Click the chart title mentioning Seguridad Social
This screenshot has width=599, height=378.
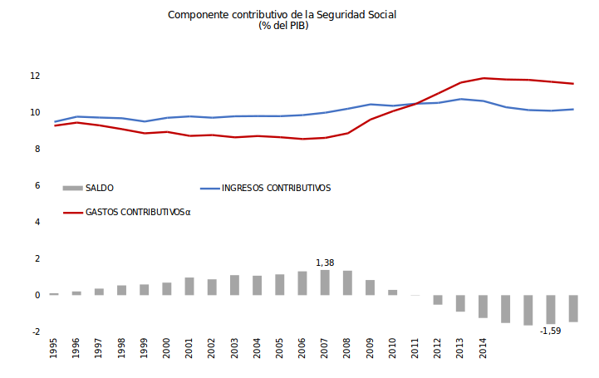(283, 15)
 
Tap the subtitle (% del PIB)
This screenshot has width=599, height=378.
(283, 26)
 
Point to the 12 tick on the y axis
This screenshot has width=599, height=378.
(35, 76)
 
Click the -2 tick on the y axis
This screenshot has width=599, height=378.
(35, 332)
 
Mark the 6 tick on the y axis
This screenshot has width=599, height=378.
(37, 186)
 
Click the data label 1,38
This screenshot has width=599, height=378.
(326, 263)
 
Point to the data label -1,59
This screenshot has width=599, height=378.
(550, 331)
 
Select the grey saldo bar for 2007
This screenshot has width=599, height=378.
(325, 282)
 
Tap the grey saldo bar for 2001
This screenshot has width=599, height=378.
(189, 287)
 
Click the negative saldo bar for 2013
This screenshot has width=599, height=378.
(460, 303)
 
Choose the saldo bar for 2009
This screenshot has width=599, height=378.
(370, 287)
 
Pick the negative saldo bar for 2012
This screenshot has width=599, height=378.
(438, 300)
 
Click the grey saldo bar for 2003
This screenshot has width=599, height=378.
(234, 285)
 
